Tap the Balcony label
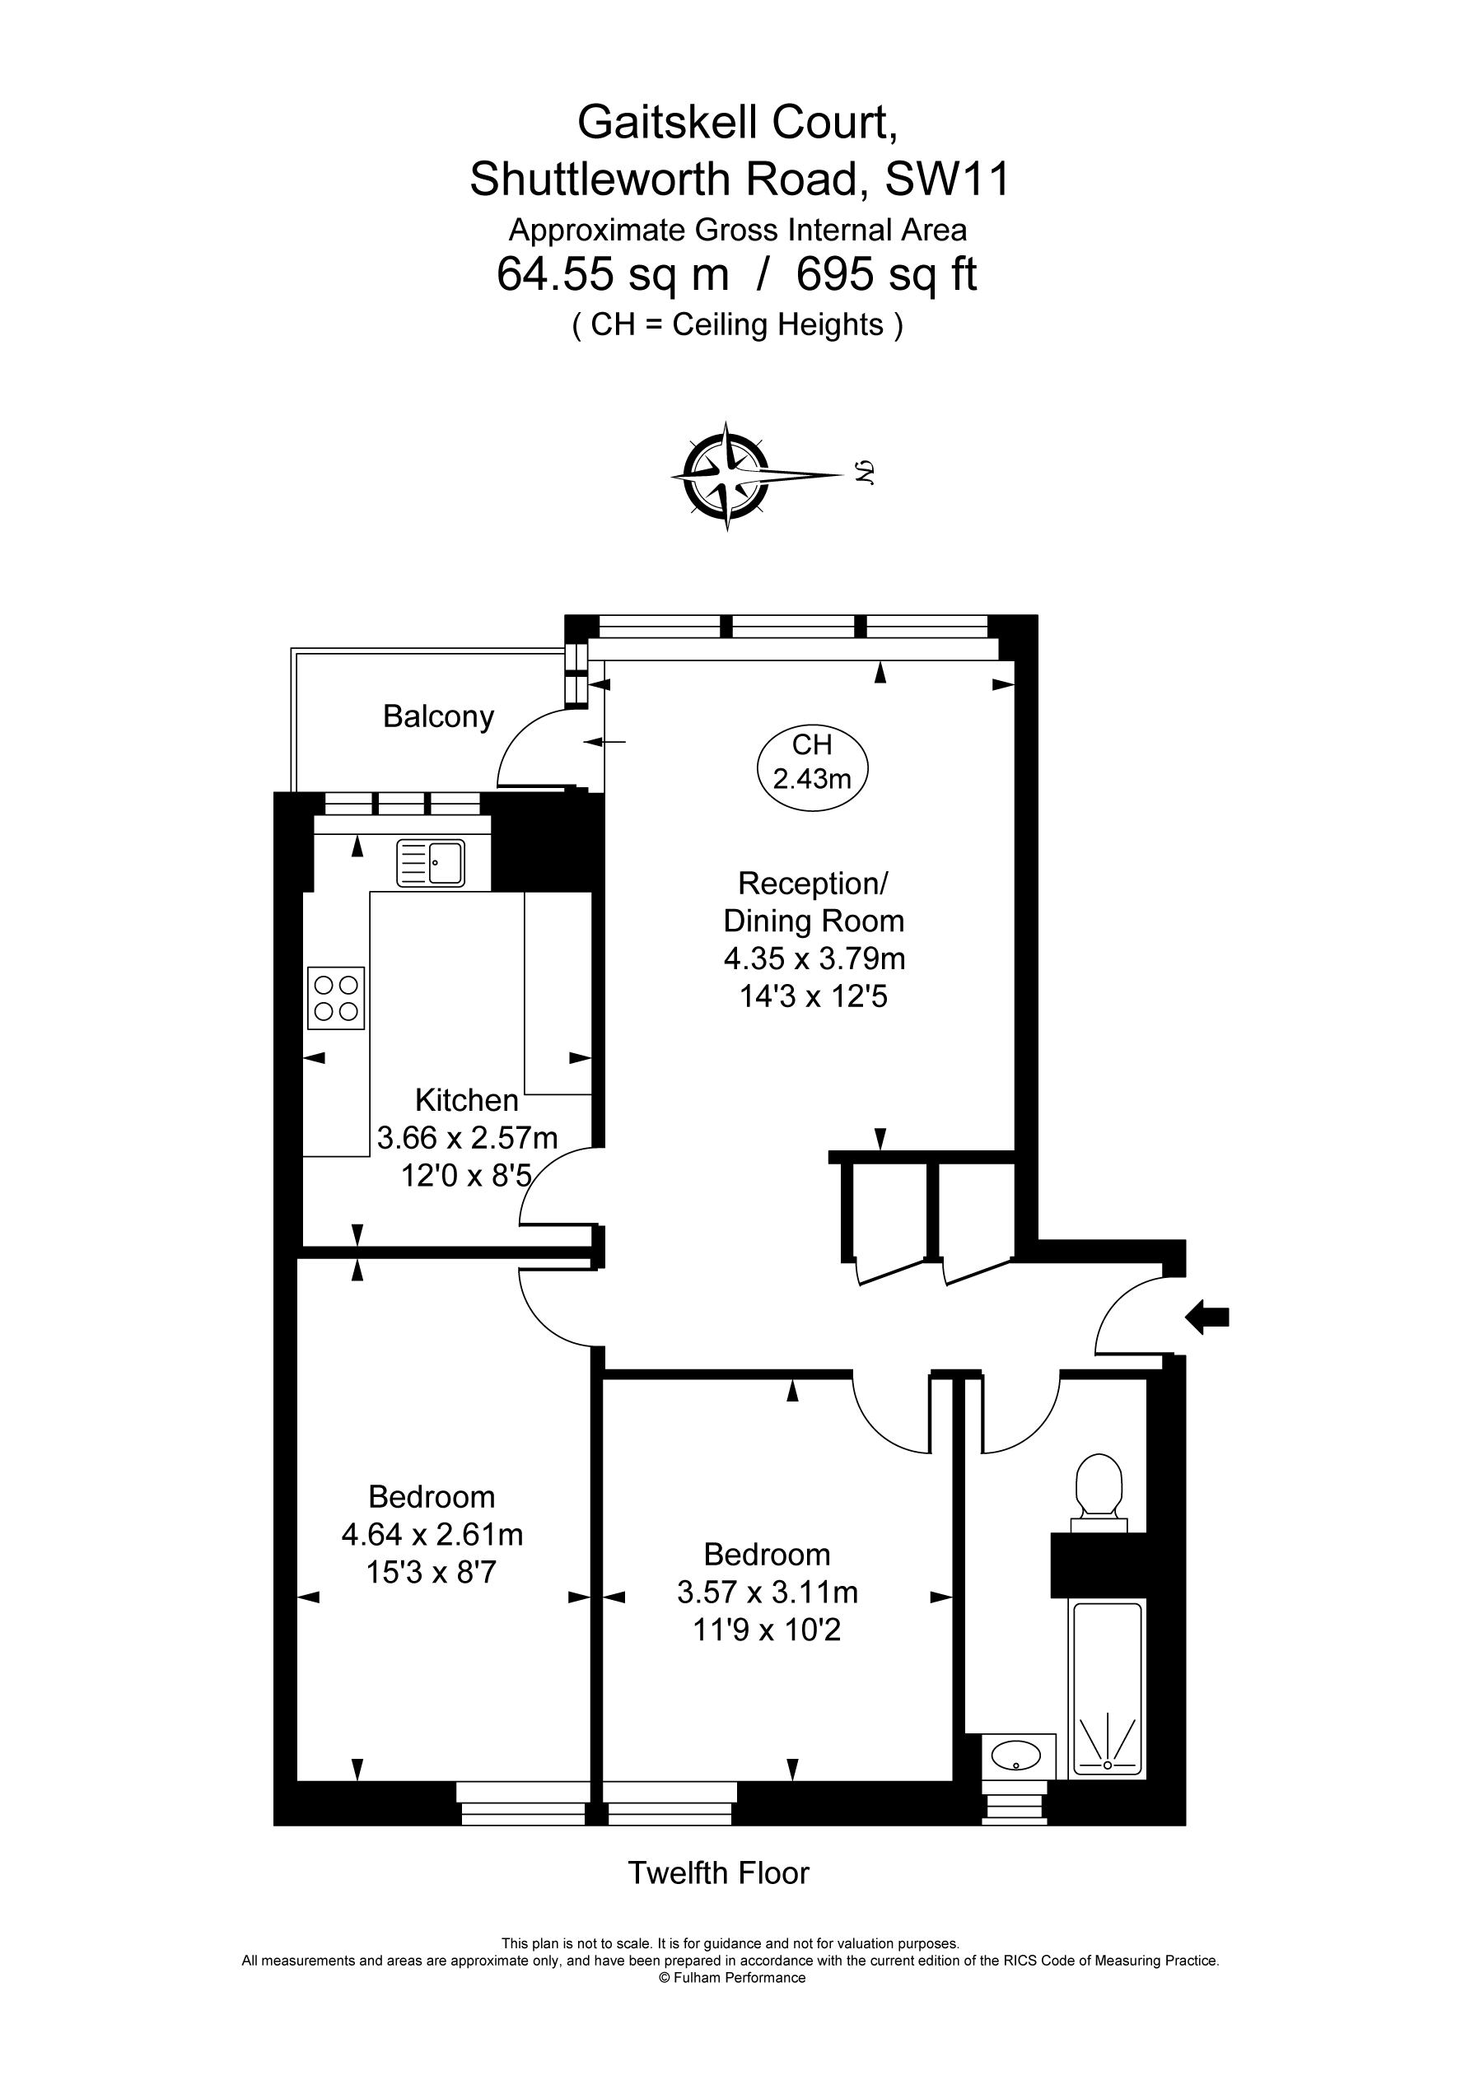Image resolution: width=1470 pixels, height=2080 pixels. (x=439, y=716)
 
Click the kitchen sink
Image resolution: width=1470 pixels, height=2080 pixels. (x=431, y=862)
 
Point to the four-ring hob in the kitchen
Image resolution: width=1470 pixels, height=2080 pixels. (x=336, y=998)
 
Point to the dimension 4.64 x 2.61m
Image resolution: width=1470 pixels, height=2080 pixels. (x=432, y=1535)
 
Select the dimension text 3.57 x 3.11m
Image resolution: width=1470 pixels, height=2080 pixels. (x=768, y=1592)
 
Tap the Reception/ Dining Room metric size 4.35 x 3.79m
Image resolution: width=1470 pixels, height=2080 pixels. (x=814, y=958)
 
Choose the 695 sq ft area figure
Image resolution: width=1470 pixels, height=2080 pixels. (x=886, y=274)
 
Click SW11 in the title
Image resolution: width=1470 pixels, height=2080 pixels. (x=947, y=180)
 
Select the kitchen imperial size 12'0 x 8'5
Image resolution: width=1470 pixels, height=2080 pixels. (x=466, y=1176)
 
